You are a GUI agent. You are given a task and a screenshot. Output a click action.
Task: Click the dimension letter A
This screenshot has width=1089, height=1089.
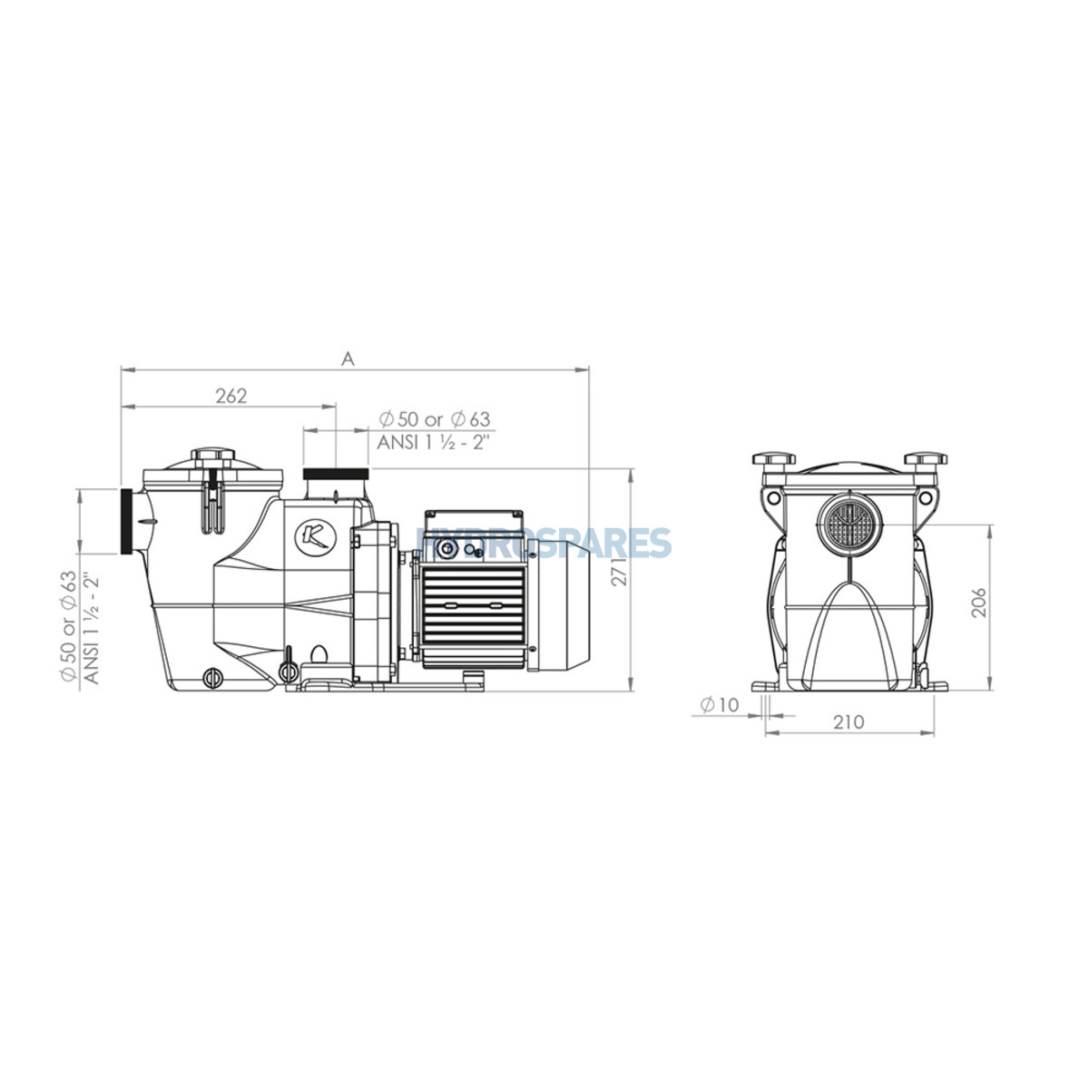pos(348,358)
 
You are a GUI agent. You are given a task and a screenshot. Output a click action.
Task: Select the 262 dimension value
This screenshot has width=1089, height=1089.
pos(231,396)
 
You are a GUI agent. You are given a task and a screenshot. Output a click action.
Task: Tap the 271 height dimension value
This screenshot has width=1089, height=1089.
pos(620,572)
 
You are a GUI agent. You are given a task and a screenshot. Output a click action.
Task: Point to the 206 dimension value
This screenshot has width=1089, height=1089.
pos(979,603)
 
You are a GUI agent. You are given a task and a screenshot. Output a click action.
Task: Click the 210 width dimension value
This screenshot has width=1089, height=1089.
pos(849,721)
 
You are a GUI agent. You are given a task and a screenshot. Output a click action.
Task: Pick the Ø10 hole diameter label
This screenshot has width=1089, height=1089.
pos(720,705)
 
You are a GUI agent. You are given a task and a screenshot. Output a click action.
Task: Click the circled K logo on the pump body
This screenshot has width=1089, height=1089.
pos(315,537)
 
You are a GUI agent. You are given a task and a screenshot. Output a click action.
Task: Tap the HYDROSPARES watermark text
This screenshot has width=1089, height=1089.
pos(544,543)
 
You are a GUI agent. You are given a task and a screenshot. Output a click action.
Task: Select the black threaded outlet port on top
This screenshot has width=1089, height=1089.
pos(336,474)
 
